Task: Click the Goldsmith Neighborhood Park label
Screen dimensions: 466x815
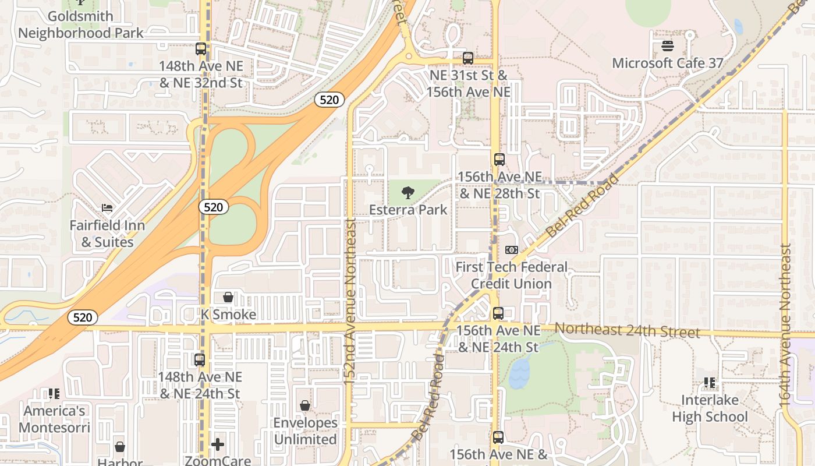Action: click(80, 24)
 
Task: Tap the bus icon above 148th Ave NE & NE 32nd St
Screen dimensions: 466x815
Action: click(201, 49)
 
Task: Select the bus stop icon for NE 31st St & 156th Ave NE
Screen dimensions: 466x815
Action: click(467, 58)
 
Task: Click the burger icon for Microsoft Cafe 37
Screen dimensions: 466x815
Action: click(667, 46)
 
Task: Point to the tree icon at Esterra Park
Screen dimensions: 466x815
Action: click(408, 192)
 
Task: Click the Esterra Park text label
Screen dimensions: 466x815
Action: click(408, 210)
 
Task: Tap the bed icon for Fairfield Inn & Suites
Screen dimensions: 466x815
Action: click(107, 207)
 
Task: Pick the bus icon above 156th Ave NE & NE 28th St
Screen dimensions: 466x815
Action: click(499, 160)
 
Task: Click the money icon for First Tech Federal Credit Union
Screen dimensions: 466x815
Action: click(511, 250)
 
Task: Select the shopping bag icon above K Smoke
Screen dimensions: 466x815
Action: click(228, 297)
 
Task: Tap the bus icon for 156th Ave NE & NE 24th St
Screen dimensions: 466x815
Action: click(498, 313)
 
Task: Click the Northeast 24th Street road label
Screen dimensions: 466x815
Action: click(626, 331)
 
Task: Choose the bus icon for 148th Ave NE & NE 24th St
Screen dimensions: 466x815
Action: click(200, 360)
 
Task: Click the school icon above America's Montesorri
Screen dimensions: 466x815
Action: click(54, 394)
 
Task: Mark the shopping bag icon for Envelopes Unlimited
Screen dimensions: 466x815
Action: click(305, 405)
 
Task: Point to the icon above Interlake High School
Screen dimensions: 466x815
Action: click(710, 383)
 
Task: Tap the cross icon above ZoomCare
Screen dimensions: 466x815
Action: click(218, 445)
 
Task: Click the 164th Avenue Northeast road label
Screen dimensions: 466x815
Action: click(785, 324)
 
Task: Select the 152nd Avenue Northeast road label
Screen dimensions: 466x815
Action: click(350, 301)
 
